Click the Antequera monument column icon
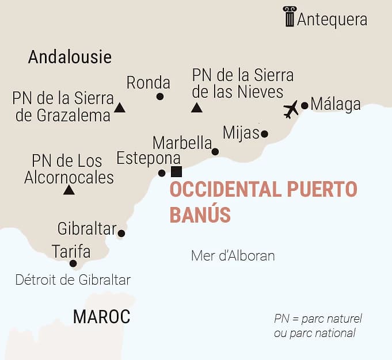(289, 17)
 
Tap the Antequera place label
(332, 20)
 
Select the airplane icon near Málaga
(291, 109)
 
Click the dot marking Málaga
(305, 105)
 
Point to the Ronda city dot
(160, 96)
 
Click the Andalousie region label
(70, 57)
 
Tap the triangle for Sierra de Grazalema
(120, 107)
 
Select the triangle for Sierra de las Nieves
(197, 107)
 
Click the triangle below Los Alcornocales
(68, 190)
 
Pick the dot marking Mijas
(264, 134)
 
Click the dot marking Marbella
(215, 152)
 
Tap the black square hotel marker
(177, 171)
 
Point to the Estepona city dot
(162, 173)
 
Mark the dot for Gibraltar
(121, 233)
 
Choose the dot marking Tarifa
(73, 263)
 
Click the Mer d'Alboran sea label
(233, 256)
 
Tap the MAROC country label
(101, 316)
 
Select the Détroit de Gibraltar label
(73, 280)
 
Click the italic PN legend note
(318, 325)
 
